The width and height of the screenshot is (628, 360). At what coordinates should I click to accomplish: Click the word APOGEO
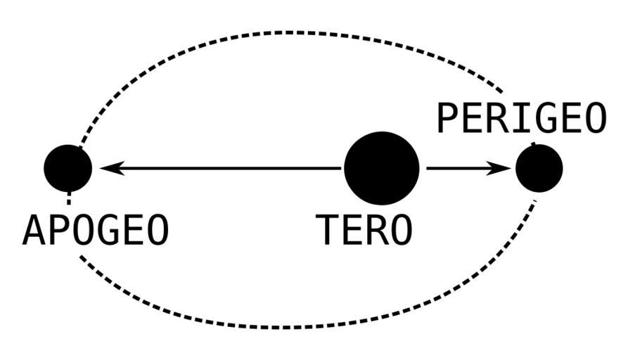[96, 230]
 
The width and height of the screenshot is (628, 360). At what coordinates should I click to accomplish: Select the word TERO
[364, 230]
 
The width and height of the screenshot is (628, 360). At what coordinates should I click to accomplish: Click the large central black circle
[381, 169]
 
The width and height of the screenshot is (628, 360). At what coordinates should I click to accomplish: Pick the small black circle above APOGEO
[68, 168]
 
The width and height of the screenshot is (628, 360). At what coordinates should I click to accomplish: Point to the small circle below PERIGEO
[539, 169]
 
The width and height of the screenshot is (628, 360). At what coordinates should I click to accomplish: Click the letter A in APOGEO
[35, 230]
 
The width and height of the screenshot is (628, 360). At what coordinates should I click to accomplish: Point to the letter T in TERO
[327, 230]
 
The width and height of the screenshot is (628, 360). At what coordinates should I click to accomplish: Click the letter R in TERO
[376, 230]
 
